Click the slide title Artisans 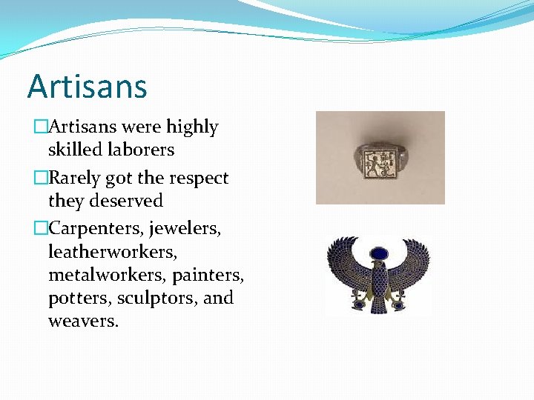pos(88,87)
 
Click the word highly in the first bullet pos(192,127)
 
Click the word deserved pos(127,201)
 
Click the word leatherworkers pos(112,253)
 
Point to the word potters pos(75,299)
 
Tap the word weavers pos(82,321)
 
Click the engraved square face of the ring pos(378,158)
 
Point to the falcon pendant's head pos(379,256)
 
